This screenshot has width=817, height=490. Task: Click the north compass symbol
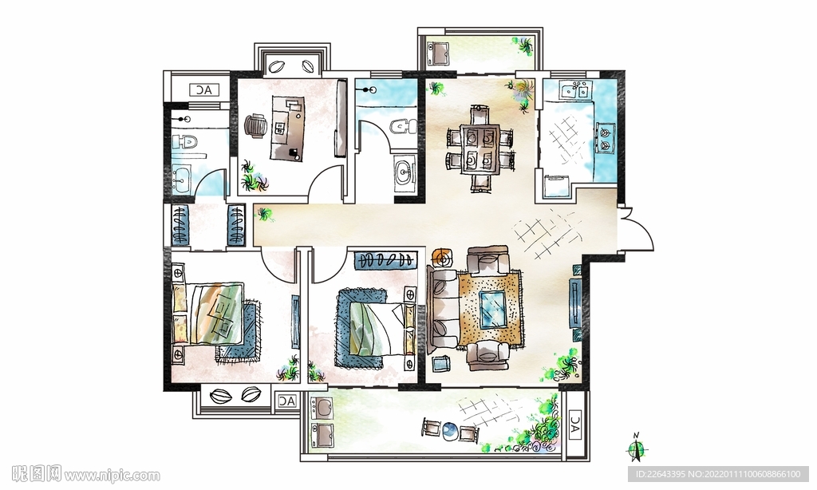(636, 448)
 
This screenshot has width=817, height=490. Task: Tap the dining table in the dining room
(480, 148)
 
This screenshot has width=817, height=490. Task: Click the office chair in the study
(255, 125)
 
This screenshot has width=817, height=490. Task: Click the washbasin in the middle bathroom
(403, 170)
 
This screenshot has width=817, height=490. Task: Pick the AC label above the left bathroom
(204, 90)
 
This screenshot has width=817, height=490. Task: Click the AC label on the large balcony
(574, 425)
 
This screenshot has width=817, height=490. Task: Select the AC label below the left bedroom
(286, 401)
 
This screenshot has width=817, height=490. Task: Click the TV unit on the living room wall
(575, 302)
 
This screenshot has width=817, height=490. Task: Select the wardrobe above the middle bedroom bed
(387, 259)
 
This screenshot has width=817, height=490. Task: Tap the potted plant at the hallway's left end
(265, 214)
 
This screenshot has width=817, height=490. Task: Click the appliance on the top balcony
(438, 53)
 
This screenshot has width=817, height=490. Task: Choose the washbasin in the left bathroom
(181, 178)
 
